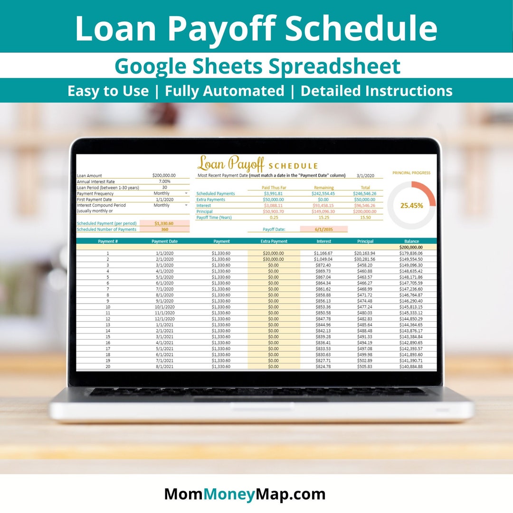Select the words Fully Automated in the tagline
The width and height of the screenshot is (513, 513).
[224, 91]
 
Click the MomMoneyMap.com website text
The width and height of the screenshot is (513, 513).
[245, 494]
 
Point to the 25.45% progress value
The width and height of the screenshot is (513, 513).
[411, 206]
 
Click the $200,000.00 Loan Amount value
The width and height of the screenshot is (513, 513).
[164, 176]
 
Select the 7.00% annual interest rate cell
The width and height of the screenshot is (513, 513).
[164, 181]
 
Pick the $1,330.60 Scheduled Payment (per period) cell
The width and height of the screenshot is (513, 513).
[164, 223]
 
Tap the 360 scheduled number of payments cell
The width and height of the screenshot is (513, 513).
[164, 229]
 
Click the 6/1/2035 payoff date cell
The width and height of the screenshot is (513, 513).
[323, 229]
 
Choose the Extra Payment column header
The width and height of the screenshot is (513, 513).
[274, 241]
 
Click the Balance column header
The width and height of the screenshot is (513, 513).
[411, 241]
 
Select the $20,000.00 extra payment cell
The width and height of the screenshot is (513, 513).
[273, 253]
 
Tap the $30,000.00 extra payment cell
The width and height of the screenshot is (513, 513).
[273, 259]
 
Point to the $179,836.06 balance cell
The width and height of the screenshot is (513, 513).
[411, 253]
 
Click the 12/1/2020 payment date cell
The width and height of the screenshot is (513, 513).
[164, 319]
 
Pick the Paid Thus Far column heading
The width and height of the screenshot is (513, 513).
[274, 188]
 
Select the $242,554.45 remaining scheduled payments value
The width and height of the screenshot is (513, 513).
[323, 194]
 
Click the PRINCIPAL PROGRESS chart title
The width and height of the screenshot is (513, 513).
[411, 173]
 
